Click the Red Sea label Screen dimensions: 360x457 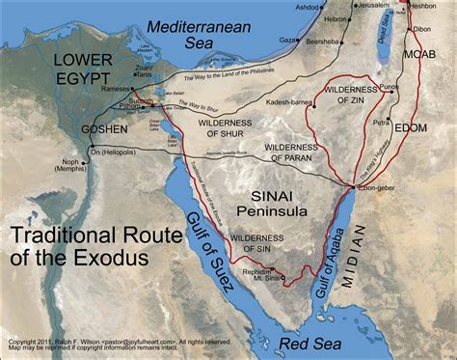pos(308,341)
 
